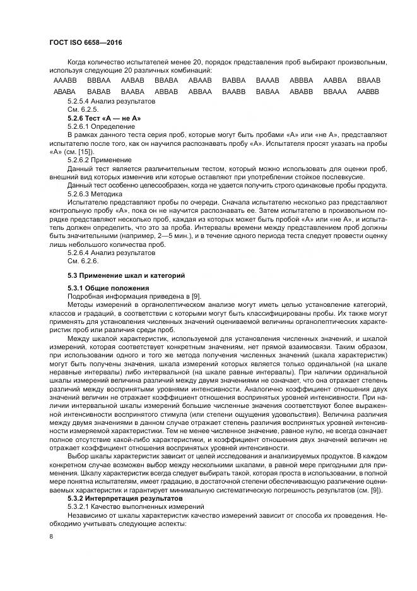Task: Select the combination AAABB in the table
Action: [65, 81]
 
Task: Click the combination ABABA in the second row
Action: [65, 92]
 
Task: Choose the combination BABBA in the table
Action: [233, 81]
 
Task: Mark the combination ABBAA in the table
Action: [200, 92]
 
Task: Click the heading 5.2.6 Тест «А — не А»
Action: [104, 118]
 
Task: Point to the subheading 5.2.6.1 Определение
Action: [100, 127]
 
